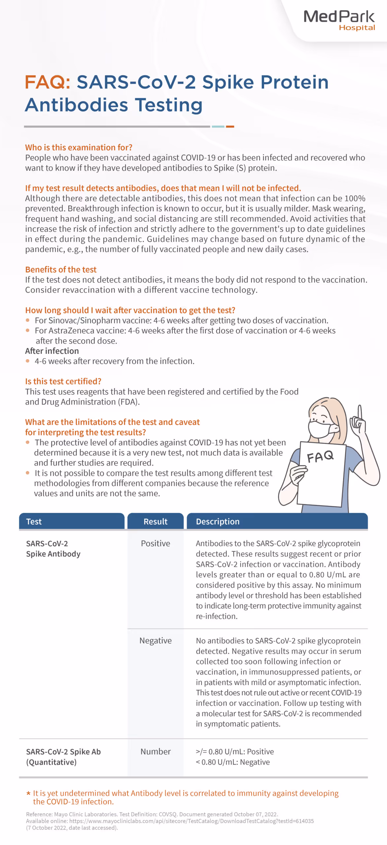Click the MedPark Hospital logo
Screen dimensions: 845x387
[x=339, y=20]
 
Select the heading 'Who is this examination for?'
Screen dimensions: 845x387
[x=79, y=147]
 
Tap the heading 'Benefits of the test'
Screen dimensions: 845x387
[x=61, y=269]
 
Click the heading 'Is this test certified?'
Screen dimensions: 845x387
[x=63, y=381]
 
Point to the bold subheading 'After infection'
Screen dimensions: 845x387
[x=52, y=351]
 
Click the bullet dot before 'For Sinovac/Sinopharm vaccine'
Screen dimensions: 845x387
[x=28, y=320]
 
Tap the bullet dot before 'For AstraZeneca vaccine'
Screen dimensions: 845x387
[x=28, y=330]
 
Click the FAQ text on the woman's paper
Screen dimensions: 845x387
[x=320, y=457]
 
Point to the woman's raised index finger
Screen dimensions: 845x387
[x=360, y=413]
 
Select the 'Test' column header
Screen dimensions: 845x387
[x=34, y=522]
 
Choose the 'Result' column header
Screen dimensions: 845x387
[x=155, y=522]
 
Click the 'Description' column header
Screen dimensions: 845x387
[x=218, y=522]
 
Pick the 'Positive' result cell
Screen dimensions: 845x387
[x=155, y=543]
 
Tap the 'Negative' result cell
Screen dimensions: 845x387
[x=155, y=640]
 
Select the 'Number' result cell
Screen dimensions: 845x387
[x=155, y=752]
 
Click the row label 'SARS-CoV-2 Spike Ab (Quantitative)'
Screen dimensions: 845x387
[x=63, y=757]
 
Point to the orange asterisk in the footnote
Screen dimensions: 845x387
[x=28, y=793]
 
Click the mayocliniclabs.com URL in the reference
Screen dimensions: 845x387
[x=192, y=821]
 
